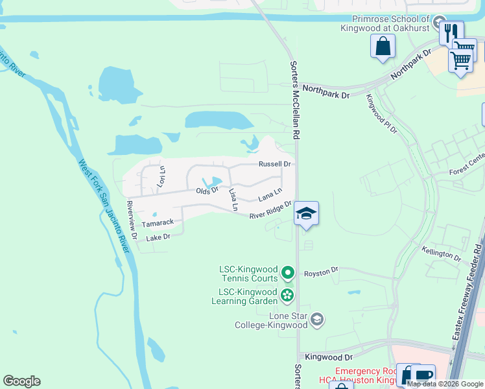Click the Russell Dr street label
(276, 164)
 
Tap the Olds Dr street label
(207, 191)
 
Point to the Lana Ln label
(270, 194)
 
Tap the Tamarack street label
(158, 222)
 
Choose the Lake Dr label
(158, 237)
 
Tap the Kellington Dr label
(441, 253)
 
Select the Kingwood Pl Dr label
(381, 113)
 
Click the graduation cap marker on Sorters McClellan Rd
(306, 213)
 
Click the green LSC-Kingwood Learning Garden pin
(287, 296)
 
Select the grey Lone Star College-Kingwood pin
(317, 319)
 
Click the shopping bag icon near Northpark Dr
(383, 46)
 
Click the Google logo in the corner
(22, 381)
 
